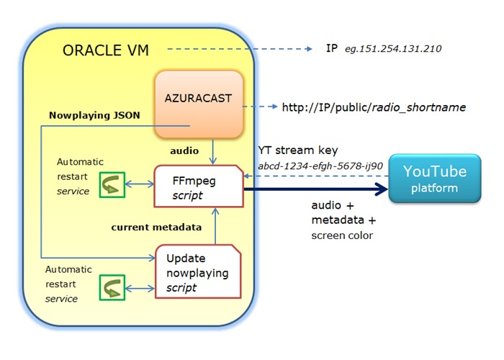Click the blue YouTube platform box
(x=434, y=178)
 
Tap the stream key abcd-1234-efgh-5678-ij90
(x=320, y=167)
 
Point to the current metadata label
(x=155, y=228)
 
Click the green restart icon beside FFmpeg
(x=112, y=184)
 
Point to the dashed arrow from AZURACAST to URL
(x=259, y=107)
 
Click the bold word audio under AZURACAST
(x=179, y=153)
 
